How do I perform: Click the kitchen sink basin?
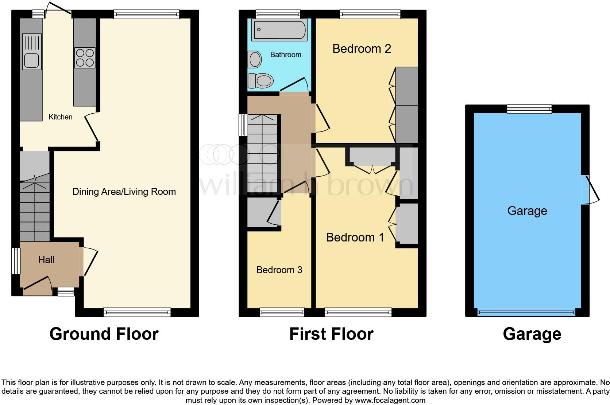coord(31,61)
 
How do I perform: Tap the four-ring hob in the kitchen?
coord(85,58)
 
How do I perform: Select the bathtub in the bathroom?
coord(279,30)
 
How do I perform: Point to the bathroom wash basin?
coord(255,59)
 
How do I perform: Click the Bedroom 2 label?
coord(361,49)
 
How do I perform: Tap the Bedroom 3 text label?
coord(279,270)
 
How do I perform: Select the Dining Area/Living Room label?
coord(124,192)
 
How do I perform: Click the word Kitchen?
coord(61,117)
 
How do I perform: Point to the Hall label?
coord(46,260)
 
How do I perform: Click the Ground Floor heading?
coord(104,334)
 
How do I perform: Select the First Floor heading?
coord(331,334)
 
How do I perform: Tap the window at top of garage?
coord(529,109)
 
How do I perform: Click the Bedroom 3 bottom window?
coord(282,312)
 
